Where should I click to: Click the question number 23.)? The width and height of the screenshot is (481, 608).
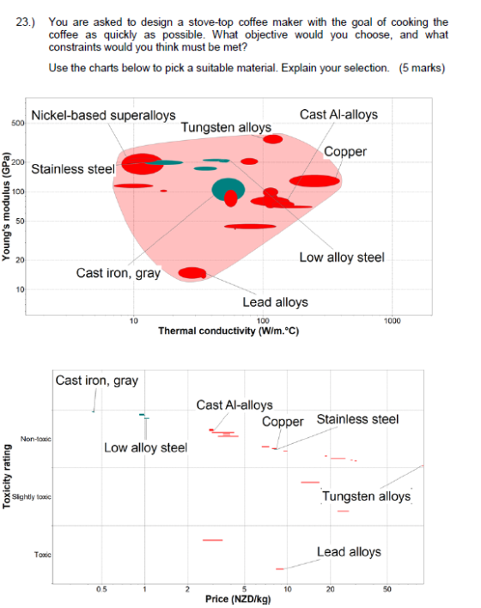tap(25, 22)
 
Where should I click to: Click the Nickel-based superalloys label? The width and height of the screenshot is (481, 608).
tap(103, 115)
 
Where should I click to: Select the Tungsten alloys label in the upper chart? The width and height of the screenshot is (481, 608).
tap(226, 127)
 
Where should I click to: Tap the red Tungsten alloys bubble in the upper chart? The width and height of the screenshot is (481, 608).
tap(272, 139)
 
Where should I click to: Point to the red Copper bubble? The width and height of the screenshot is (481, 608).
tap(314, 180)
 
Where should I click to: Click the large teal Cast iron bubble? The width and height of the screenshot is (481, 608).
tap(228, 189)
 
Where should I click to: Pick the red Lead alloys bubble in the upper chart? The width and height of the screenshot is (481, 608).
tap(192, 273)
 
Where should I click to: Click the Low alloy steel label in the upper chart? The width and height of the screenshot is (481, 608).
tap(342, 257)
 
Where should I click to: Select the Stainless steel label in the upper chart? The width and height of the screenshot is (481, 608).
tap(73, 169)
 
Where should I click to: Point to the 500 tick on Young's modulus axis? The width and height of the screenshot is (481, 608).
tap(18, 124)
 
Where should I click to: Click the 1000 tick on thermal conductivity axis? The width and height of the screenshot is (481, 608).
tap(393, 321)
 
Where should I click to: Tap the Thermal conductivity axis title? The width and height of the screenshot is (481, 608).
tap(228, 331)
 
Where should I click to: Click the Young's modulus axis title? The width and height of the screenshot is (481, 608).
tap(5, 207)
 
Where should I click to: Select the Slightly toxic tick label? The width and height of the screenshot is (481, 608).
tap(32, 496)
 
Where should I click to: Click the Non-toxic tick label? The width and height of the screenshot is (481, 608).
tap(36, 439)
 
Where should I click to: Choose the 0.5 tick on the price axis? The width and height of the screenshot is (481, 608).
tap(101, 589)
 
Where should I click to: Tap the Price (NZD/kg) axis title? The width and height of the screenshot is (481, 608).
tap(238, 599)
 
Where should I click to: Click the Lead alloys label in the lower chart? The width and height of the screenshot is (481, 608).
tap(349, 552)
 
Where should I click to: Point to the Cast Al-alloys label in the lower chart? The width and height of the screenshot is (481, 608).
tap(234, 404)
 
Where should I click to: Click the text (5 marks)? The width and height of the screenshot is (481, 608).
tap(422, 68)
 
